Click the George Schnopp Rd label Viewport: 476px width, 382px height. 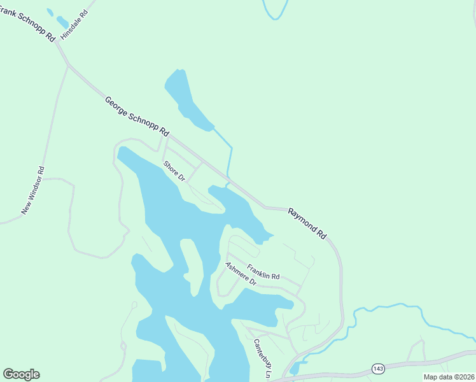[x=137, y=117]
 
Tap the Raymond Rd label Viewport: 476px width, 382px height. [x=307, y=223]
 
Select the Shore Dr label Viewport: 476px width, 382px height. [x=174, y=171]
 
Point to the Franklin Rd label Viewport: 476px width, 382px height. [x=263, y=272]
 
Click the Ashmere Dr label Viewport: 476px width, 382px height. [x=240, y=273]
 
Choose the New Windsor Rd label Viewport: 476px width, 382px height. [x=33, y=190]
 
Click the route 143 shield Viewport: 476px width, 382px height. [x=379, y=369]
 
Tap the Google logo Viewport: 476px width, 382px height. [x=21, y=374]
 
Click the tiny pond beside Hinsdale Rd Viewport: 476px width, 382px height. [x=62, y=22]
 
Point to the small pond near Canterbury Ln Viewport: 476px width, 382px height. [x=295, y=368]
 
